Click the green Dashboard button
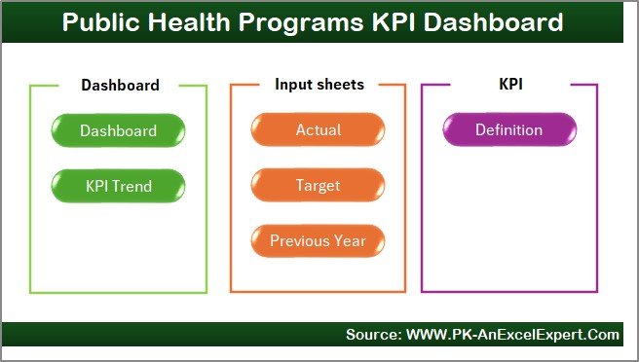(118, 130)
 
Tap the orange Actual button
(319, 130)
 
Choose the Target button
(319, 184)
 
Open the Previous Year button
(319, 240)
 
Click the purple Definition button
(508, 130)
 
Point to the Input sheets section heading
(319, 85)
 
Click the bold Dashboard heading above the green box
(119, 85)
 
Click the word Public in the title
(100, 21)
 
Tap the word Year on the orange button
(351, 240)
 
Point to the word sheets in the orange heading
(340, 85)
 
